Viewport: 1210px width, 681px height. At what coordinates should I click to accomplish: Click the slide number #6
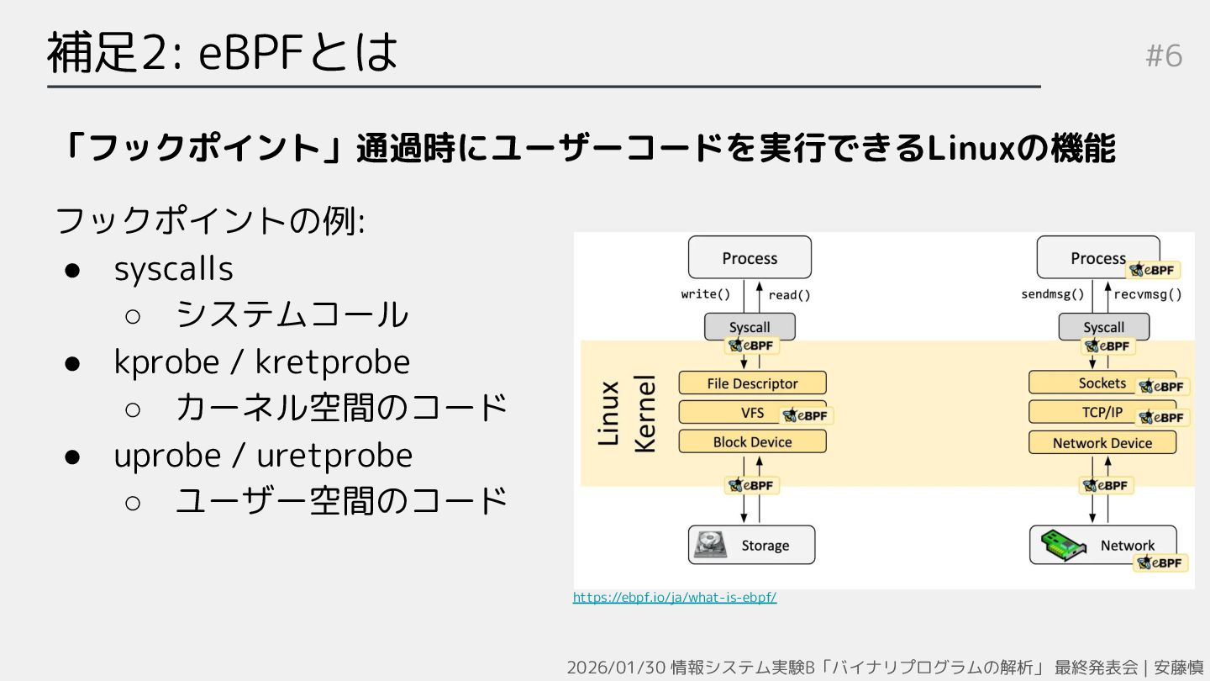[1164, 56]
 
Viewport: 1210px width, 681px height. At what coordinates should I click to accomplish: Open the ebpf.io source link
[675, 598]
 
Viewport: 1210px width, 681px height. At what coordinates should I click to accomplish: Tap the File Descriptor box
[752, 383]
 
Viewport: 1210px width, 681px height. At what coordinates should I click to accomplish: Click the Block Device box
[752, 442]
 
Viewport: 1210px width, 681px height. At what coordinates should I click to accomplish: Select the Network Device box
[1102, 443]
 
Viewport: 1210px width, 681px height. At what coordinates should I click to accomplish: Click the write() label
[705, 295]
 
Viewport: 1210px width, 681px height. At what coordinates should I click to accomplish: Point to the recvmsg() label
[1147, 295]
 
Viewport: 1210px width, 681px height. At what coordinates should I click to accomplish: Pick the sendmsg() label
[1052, 295]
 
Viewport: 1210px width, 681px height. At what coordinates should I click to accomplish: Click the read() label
[789, 295]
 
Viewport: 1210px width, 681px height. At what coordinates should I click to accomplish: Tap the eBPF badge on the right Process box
[1155, 270]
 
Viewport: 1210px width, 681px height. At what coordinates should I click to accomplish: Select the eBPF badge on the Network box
[1161, 563]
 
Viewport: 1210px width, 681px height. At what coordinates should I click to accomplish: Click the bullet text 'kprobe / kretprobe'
[262, 362]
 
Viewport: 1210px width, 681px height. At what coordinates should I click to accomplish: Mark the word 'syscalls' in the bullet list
[174, 269]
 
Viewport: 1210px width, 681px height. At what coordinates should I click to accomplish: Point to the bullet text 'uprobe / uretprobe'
[263, 456]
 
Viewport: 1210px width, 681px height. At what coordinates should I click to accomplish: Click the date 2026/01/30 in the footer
[617, 668]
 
